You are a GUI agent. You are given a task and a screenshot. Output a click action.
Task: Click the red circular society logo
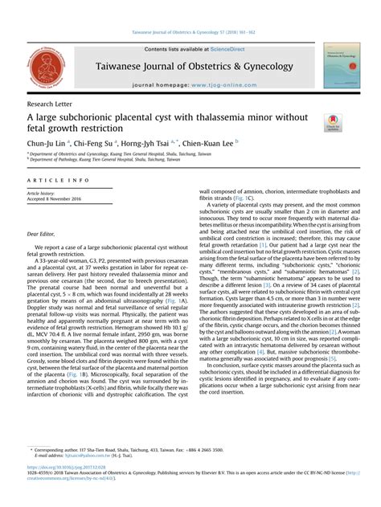(45, 67)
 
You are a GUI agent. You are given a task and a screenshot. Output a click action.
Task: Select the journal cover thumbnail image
(342, 66)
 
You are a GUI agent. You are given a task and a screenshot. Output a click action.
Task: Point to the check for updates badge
(333, 123)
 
